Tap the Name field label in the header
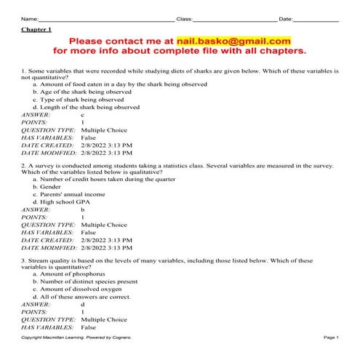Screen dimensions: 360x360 point(29,17)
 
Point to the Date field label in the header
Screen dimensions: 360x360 point(286,17)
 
